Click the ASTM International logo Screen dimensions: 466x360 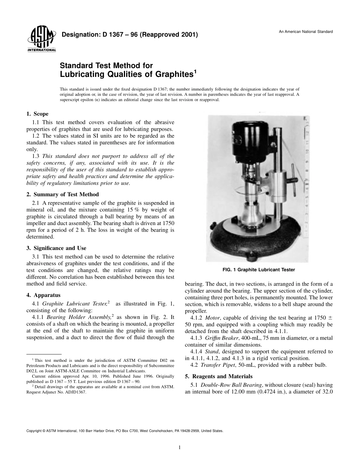pyautogui.click(x=41, y=39)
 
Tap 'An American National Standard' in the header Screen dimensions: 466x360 pyautogui.click(x=306, y=31)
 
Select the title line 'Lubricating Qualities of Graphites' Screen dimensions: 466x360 pyautogui.click(x=127, y=74)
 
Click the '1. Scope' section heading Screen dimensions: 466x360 pyautogui.click(x=37, y=114)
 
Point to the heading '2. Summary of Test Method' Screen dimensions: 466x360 pyautogui.click(x=63, y=194)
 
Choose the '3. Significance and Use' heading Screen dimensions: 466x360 pyautogui.click(x=56, y=248)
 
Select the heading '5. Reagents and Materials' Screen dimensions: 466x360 pyautogui.click(x=218, y=376)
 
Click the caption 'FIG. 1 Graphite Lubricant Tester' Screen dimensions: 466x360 pyautogui.click(x=258, y=270)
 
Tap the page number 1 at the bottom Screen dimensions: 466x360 pyautogui.click(x=180, y=447)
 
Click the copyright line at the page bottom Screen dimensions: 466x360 pyautogui.click(x=125, y=431)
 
